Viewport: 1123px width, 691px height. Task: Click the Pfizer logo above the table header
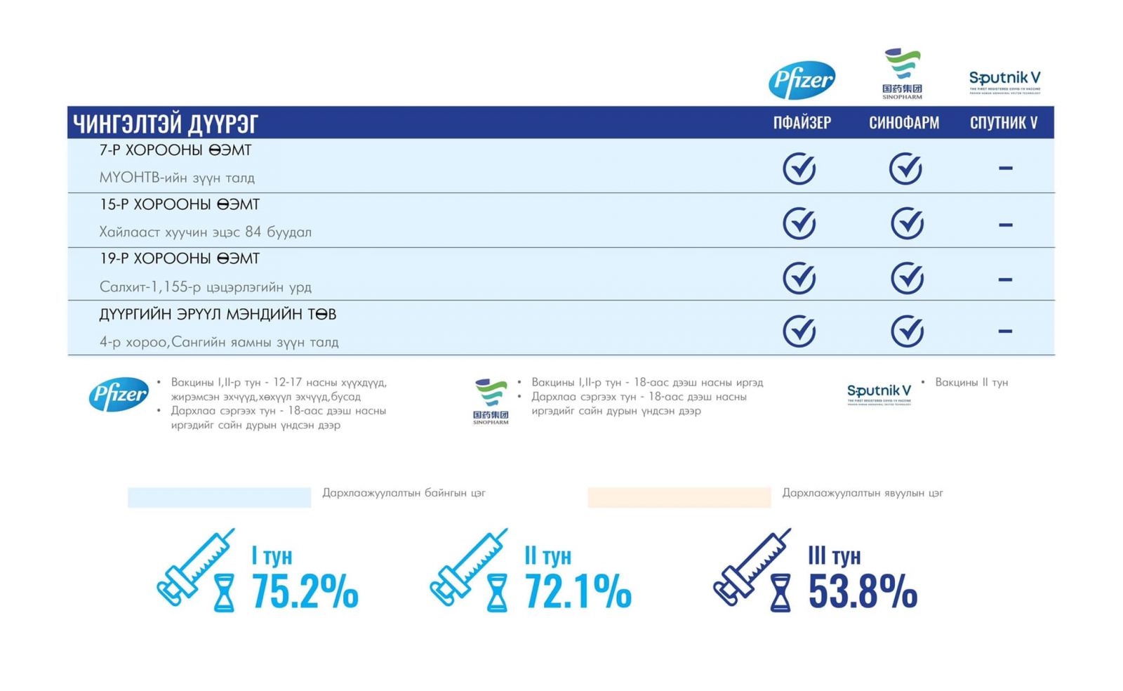point(802,79)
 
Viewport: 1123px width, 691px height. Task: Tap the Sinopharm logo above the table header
point(902,72)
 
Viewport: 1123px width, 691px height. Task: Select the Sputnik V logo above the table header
point(1004,81)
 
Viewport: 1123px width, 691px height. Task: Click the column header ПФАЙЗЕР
point(802,123)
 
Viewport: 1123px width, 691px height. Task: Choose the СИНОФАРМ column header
point(903,123)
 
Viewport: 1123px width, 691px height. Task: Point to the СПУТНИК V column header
point(1003,123)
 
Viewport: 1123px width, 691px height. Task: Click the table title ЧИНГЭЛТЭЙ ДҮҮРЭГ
point(166,124)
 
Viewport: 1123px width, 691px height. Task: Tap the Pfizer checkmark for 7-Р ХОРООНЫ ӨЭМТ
point(799,169)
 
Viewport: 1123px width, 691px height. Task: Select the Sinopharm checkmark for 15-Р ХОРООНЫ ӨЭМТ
point(907,223)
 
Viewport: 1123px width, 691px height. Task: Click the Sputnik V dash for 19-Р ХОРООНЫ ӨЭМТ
point(1005,279)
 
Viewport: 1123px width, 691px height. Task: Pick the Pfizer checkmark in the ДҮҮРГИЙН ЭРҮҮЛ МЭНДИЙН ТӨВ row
point(799,331)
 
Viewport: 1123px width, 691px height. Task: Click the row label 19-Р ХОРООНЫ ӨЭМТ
point(180,258)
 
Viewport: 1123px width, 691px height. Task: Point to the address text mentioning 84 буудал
point(205,232)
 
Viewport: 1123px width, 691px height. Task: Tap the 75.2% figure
point(305,591)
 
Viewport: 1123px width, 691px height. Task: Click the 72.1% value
point(578,591)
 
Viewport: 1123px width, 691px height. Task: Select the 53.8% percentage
point(863,591)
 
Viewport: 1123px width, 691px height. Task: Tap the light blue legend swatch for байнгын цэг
point(219,496)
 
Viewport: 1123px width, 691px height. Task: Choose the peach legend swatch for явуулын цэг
point(679,496)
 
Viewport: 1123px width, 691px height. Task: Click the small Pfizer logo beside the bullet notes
point(119,394)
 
